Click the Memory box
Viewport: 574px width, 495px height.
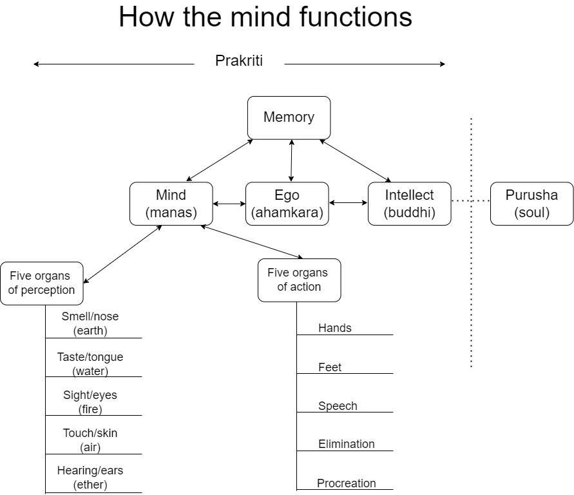coord(289,117)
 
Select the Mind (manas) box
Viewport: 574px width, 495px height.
coord(171,204)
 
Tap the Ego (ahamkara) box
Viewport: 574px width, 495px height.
coord(287,204)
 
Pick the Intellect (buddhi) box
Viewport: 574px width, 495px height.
coord(409,204)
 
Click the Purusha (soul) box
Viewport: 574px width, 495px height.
coord(531,204)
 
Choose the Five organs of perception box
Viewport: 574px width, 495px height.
coord(41,283)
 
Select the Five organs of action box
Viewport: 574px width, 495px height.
coord(299,280)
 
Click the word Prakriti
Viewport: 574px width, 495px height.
coord(239,61)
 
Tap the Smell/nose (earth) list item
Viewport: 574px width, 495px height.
coord(90,324)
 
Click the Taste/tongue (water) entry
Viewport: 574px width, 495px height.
coord(90,364)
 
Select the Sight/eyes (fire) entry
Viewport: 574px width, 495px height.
coord(90,402)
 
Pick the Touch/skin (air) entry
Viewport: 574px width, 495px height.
coord(90,440)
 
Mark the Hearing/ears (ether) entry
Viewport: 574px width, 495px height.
coord(90,478)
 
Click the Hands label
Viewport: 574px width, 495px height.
coord(335,328)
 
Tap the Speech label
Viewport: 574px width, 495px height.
coord(338,406)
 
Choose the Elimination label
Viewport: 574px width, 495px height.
coord(347,444)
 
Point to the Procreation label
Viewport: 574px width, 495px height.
coord(347,483)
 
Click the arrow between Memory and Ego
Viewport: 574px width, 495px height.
coord(291,160)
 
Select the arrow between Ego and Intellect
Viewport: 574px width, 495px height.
coord(348,203)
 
